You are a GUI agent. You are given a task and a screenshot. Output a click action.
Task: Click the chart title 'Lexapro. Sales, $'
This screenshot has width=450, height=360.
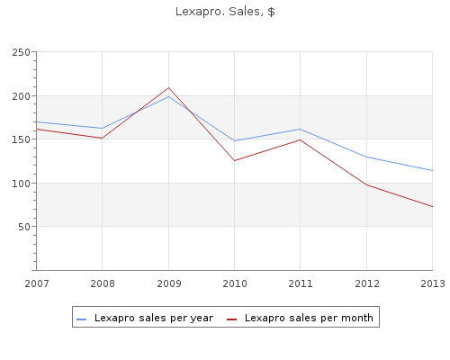click(x=225, y=12)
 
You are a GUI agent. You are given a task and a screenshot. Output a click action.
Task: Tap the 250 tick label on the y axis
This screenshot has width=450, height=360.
click(x=22, y=52)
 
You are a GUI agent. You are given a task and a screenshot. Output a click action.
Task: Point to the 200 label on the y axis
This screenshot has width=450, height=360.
click(x=22, y=96)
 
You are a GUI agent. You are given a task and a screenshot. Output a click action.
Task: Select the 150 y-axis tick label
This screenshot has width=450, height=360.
click(x=22, y=139)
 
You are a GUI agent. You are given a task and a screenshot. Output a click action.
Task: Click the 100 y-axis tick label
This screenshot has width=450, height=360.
click(x=22, y=184)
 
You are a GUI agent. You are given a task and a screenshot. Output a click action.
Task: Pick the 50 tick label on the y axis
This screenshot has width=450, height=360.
click(x=24, y=227)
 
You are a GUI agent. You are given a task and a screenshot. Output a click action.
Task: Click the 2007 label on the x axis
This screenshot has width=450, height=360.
click(x=37, y=283)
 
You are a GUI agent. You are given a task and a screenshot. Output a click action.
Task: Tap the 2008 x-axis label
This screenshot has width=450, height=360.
click(x=103, y=283)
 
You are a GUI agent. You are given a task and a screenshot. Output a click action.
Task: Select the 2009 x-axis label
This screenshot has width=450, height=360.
click(x=169, y=283)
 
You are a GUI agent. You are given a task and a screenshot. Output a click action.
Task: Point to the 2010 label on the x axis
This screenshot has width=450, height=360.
click(x=235, y=283)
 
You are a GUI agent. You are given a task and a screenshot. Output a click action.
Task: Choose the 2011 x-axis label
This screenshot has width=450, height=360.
click(x=301, y=283)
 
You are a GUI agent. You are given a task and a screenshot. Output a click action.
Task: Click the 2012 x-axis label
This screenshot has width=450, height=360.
click(x=367, y=283)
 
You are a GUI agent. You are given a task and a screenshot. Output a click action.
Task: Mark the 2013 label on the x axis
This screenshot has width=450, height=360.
click(x=433, y=283)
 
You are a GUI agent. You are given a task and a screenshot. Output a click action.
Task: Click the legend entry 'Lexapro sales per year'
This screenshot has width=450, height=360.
click(x=145, y=318)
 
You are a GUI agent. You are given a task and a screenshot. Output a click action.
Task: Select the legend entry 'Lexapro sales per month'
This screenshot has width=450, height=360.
click(x=300, y=318)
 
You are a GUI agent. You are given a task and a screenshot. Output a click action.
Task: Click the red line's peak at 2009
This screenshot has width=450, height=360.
click(x=168, y=87)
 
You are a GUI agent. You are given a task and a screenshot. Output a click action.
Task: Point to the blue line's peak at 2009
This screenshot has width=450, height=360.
click(x=168, y=96)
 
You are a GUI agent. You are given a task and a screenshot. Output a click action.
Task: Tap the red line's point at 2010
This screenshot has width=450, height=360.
click(x=234, y=161)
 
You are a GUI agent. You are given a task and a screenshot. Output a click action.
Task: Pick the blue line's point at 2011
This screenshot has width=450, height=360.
click(x=300, y=129)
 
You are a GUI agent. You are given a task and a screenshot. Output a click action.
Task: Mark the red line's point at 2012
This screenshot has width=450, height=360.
click(x=366, y=184)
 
